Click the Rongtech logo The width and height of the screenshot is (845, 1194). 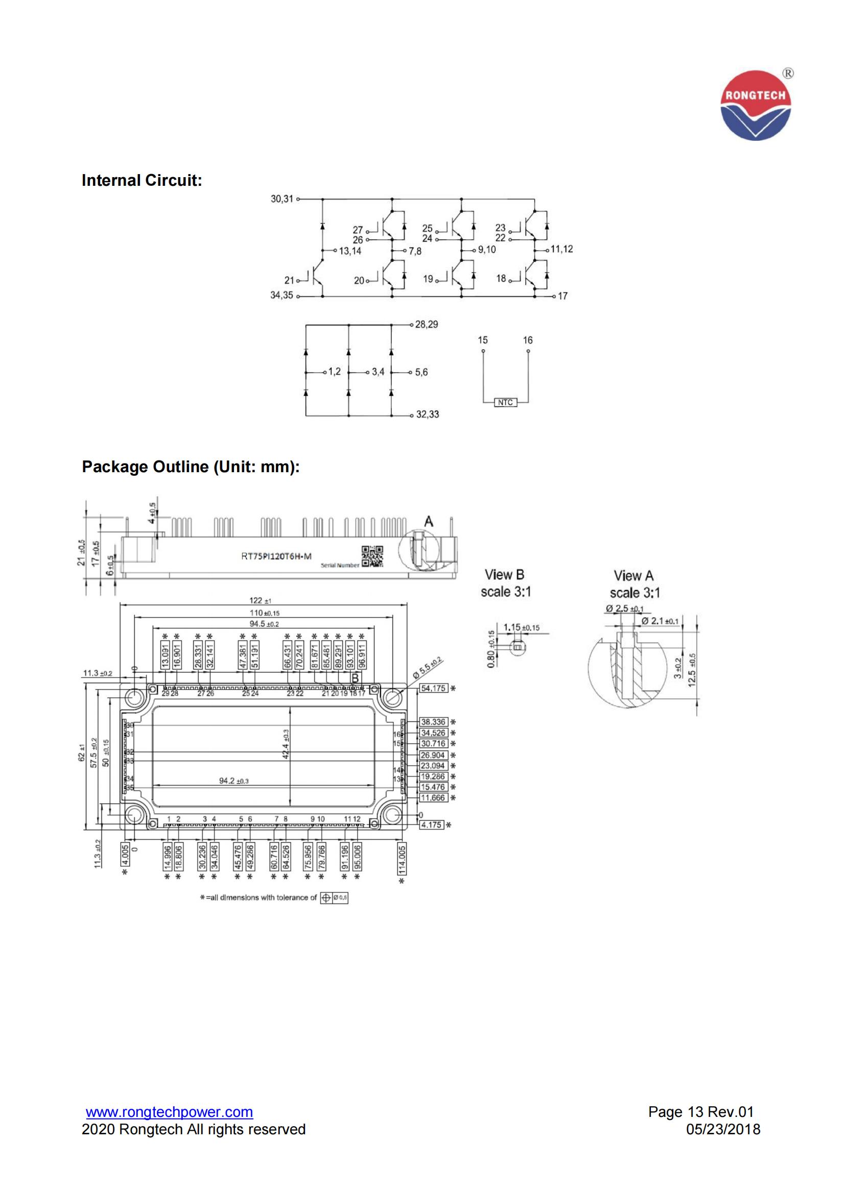point(756,105)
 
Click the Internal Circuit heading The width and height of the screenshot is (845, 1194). point(142,180)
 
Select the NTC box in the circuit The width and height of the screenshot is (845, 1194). point(505,402)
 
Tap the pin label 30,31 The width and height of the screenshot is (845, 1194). point(281,199)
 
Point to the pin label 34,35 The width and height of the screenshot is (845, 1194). point(281,296)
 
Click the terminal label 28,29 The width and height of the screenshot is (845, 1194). point(427,325)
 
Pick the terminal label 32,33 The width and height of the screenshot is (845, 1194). point(427,415)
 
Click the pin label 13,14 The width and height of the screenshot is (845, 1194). point(350,251)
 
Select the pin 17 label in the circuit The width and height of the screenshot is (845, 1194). point(562,296)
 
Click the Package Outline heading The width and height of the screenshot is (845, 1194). point(191,467)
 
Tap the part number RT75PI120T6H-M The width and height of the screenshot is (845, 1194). point(276,556)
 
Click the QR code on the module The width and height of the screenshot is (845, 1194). point(372,556)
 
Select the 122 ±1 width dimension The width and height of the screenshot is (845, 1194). point(260,601)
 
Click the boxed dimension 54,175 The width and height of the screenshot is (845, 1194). point(433,689)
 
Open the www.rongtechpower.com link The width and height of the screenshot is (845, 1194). point(169,1112)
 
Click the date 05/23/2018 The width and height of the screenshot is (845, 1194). point(723,1130)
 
